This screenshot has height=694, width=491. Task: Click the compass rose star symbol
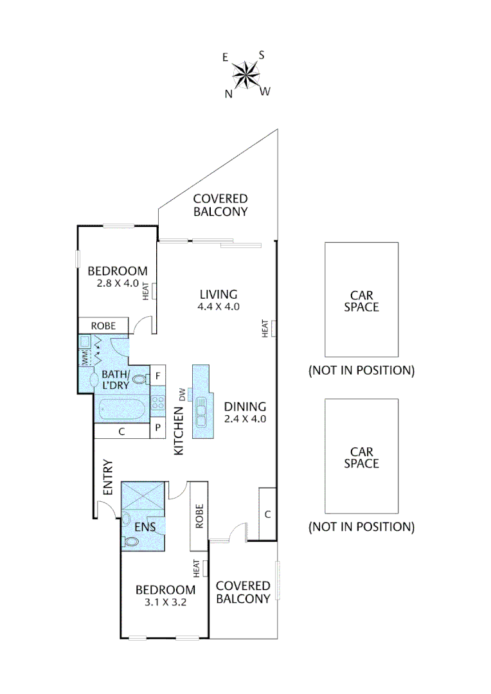point(246,75)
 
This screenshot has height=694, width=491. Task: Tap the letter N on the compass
point(228,94)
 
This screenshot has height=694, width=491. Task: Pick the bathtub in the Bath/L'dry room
point(122,409)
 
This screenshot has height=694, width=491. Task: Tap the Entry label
point(108,477)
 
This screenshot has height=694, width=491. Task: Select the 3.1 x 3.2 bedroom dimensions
point(165,603)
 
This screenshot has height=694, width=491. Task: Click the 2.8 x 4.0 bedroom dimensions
point(118,283)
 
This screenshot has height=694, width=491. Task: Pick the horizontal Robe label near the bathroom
point(103,326)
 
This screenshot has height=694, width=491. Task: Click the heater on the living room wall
point(274,328)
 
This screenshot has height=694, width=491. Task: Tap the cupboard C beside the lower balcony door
point(267,514)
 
